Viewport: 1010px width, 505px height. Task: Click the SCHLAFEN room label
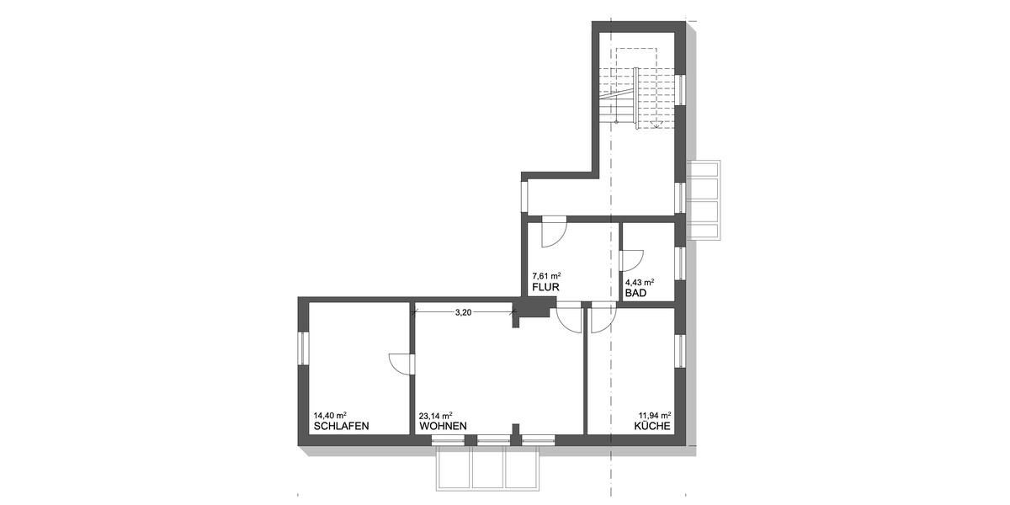coord(341,426)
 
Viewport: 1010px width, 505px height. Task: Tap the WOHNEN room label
coord(443,426)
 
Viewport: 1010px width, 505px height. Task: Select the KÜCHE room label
coord(652,427)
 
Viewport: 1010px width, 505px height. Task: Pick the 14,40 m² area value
coord(331,415)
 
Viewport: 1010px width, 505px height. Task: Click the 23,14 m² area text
coord(435,415)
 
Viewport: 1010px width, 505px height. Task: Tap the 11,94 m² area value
coord(653,415)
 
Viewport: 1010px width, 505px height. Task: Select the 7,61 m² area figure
coord(546,275)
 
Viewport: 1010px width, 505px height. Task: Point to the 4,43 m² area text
coord(640,282)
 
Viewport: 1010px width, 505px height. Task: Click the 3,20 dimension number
coord(463,312)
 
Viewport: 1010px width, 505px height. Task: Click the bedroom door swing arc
coord(399,364)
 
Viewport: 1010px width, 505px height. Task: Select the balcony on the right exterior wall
coord(705,199)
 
